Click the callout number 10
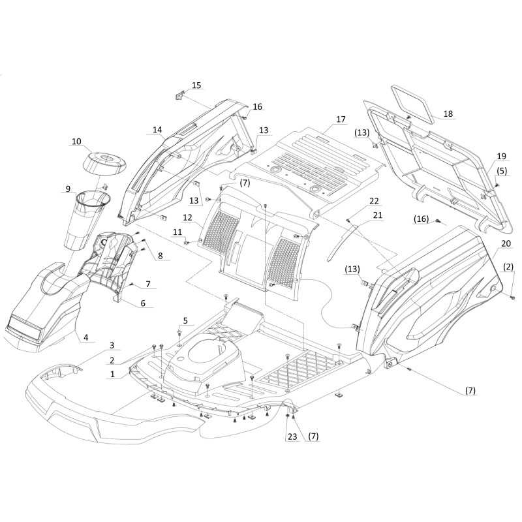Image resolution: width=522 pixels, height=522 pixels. tap(76, 142)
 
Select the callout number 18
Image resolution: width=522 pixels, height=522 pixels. tap(448, 114)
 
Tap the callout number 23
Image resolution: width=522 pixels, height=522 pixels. tap(292, 437)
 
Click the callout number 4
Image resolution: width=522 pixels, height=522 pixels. tap(86, 337)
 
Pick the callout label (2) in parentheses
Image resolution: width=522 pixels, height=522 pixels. tap(508, 267)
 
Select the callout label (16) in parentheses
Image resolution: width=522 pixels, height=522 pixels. tap(421, 219)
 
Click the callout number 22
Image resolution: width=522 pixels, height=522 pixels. tap(374, 201)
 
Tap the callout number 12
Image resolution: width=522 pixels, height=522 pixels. tap(187, 218)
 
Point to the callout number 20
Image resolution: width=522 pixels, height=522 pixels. tap(506, 243)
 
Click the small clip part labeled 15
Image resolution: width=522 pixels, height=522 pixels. tap(179, 96)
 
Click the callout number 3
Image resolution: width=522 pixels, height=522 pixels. tap(112, 345)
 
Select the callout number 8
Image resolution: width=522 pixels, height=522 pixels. tap(160, 256)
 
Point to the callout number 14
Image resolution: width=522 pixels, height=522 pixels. tap(157, 130)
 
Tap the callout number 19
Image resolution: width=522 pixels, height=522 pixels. tap(501, 156)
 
